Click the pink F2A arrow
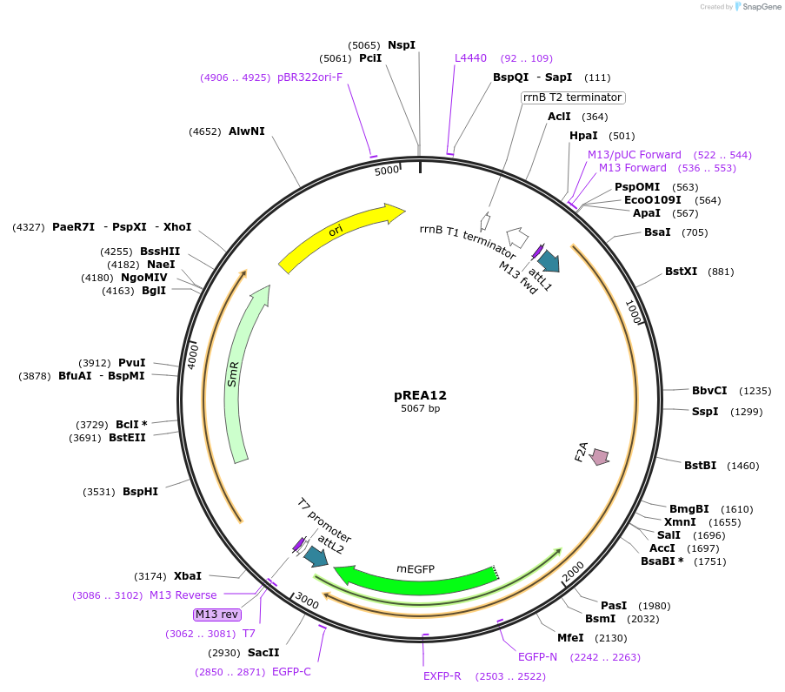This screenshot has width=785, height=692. (x=599, y=456)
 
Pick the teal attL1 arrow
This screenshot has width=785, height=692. (x=549, y=261)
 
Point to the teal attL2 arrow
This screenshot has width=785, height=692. (x=316, y=556)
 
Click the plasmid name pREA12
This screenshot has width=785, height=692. (x=420, y=395)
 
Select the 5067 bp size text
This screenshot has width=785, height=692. (x=420, y=408)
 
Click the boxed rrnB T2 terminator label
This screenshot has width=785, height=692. (x=573, y=97)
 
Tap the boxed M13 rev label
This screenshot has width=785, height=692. (x=216, y=615)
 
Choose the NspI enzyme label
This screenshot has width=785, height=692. (x=402, y=44)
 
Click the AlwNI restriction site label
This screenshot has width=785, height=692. (x=246, y=131)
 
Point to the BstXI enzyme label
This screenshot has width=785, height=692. (x=681, y=272)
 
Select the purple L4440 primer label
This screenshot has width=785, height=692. (x=470, y=58)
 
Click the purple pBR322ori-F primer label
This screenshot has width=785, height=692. (x=309, y=77)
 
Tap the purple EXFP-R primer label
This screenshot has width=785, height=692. (x=442, y=676)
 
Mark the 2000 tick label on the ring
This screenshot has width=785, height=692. (x=573, y=572)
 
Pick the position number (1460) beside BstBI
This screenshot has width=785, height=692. (x=743, y=466)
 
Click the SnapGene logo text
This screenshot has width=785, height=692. (x=762, y=6)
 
